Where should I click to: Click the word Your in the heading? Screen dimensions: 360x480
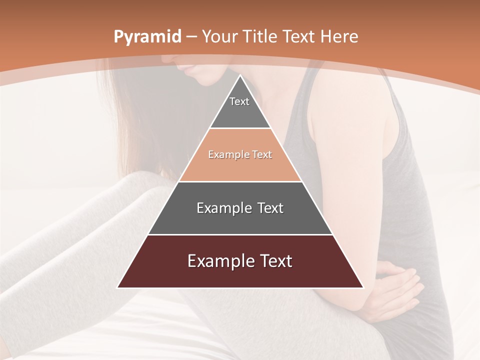pyautogui.click(x=217, y=36)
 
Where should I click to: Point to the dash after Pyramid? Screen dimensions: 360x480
pyautogui.click(x=191, y=37)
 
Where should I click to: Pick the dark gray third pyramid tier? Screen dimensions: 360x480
pyautogui.click(x=240, y=220)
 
